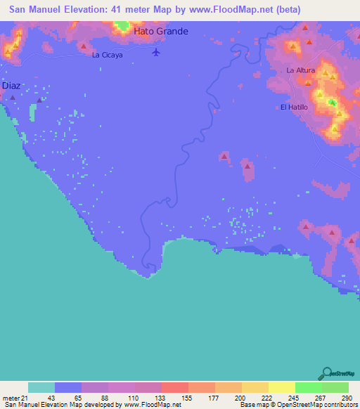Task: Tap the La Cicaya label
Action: tap(108, 54)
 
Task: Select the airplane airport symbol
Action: tap(156, 52)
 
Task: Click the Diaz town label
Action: tap(11, 85)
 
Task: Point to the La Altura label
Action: tap(300, 71)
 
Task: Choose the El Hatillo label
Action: tap(294, 107)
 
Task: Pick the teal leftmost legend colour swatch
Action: tap(41, 387)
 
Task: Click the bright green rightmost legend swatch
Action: tap(335, 387)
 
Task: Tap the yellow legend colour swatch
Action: tap(282, 387)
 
